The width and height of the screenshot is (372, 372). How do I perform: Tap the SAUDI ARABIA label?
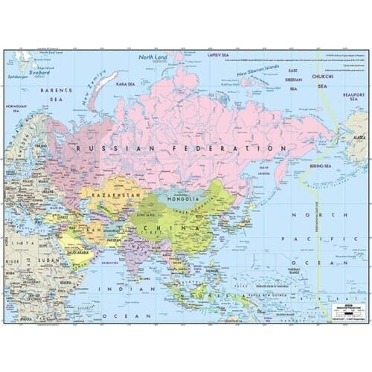(77, 252)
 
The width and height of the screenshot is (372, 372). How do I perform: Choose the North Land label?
(153, 57)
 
